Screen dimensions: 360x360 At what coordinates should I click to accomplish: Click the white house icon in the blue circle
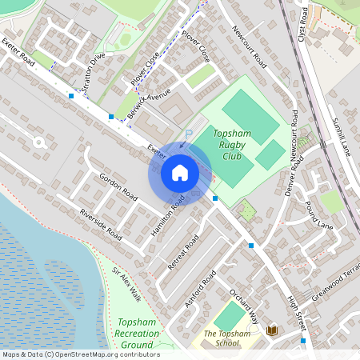coord(179,172)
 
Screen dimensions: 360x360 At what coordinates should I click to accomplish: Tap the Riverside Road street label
coord(100,224)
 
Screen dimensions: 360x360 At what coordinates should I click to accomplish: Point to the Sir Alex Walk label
coord(126,284)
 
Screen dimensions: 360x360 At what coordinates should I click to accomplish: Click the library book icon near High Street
coord(272,330)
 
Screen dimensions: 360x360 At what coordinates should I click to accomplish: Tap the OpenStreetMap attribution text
coord(80,354)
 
